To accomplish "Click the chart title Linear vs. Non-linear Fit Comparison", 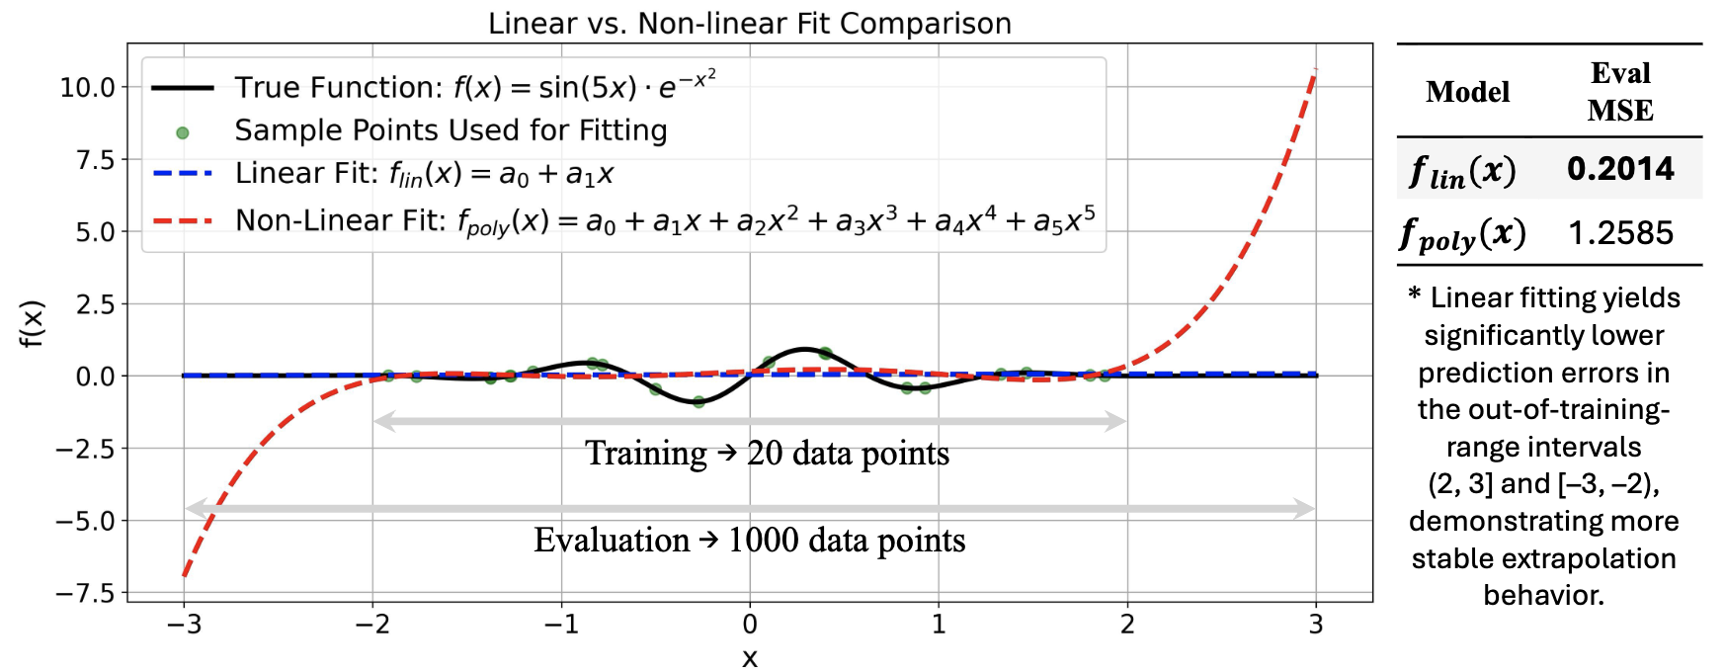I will click(750, 23).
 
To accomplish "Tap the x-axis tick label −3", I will click(184, 625).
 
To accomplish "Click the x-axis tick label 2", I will click(1127, 625).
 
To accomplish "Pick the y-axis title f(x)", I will click(33, 322).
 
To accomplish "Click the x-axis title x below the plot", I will click(750, 658).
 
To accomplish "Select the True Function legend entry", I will click(474, 87).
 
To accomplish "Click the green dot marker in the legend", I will click(182, 131).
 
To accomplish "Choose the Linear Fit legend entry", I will click(424, 175).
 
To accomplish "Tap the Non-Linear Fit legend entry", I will click(664, 220).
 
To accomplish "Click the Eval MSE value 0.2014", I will click(1620, 169).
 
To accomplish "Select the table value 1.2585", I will click(1620, 233).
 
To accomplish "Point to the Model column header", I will click(1467, 92).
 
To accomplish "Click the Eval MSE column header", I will click(1620, 92).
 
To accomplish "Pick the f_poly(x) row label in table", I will click(1463, 234).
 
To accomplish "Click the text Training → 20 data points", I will click(767, 454).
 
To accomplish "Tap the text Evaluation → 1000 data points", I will click(750, 541).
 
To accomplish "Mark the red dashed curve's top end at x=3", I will click(1314, 71).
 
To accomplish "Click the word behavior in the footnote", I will click(1543, 595).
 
